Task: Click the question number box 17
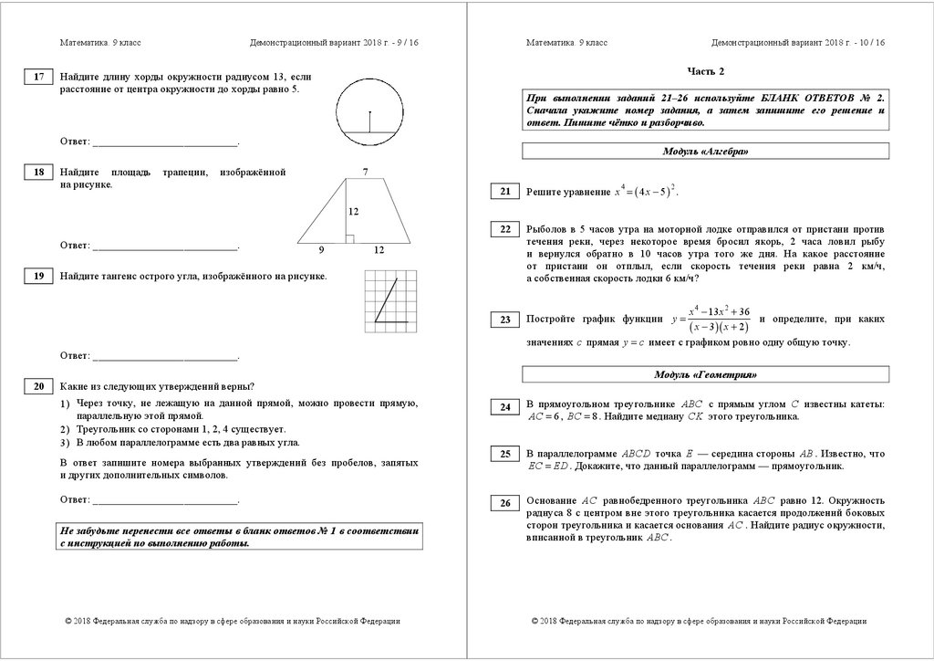point(38,78)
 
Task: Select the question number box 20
point(38,387)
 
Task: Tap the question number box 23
point(504,320)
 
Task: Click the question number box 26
point(504,503)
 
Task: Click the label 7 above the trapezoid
point(365,172)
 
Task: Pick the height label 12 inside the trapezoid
point(353,212)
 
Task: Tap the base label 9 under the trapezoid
point(322,250)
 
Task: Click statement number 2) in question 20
point(65,429)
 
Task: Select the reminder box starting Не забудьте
point(241,537)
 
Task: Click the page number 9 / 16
point(402,43)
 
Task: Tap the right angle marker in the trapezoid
point(348,239)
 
